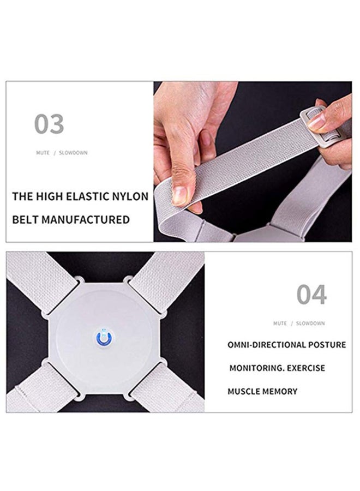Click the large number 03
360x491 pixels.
49,124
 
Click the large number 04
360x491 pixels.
311,295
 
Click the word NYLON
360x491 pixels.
129,196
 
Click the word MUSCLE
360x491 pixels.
244,391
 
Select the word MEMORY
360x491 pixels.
280,391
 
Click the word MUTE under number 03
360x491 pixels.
43,153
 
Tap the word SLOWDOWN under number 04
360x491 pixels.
310,324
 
